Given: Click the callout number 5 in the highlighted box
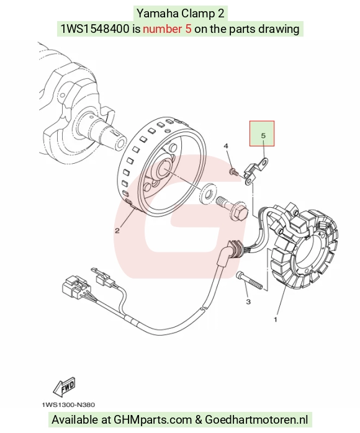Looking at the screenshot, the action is click(x=263, y=136).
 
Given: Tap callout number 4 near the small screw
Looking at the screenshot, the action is click(x=226, y=146).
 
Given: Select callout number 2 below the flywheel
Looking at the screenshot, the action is click(x=117, y=231).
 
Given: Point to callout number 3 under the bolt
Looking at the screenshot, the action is click(x=248, y=301).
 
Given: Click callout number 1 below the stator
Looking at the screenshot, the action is click(x=276, y=319).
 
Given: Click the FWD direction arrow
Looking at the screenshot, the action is click(x=64, y=386).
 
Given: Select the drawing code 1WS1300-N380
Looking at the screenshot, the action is click(x=68, y=405).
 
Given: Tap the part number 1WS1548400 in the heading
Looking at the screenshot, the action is click(x=95, y=29).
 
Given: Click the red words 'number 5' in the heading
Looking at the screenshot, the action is click(x=167, y=29).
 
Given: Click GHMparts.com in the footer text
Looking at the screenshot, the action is click(x=153, y=420).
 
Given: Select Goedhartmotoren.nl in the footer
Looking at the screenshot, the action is click(x=256, y=420).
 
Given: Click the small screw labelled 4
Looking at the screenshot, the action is click(x=233, y=172).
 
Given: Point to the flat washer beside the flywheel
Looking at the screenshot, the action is click(x=208, y=194).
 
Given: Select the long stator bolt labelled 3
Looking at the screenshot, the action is click(x=250, y=280).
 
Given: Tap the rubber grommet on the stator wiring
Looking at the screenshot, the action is click(x=234, y=249).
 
